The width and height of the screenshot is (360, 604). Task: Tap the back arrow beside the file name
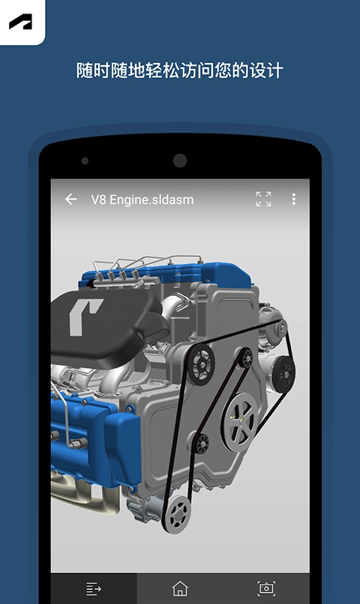tap(71, 199)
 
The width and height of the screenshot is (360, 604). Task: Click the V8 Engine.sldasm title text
tap(142, 200)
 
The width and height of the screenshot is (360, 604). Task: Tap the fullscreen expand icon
tap(264, 199)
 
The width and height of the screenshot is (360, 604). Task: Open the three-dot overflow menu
tap(294, 199)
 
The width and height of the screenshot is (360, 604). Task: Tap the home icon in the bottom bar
tap(180, 588)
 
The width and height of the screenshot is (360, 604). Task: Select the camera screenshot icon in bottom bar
tap(266, 588)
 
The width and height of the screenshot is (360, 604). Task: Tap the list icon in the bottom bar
tap(93, 588)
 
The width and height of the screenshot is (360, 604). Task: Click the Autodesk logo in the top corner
tap(21, 22)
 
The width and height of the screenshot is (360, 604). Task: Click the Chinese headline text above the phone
tap(179, 70)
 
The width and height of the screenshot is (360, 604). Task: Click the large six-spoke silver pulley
tap(240, 421)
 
